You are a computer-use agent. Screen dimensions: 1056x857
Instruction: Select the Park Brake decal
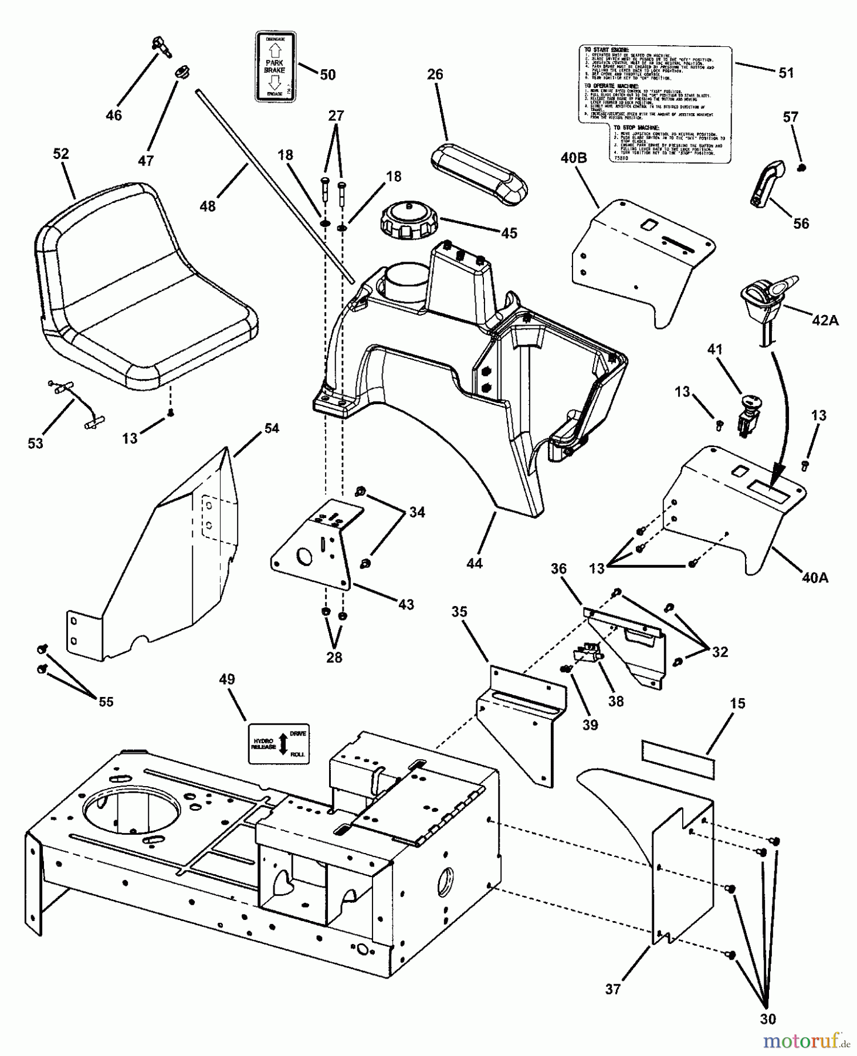click(x=275, y=66)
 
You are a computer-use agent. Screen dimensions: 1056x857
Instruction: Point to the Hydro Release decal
click(x=279, y=743)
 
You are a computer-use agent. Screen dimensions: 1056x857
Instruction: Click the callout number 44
click(x=474, y=563)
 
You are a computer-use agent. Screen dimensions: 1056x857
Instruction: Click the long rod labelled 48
click(x=276, y=185)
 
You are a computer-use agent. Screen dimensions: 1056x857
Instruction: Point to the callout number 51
click(x=785, y=73)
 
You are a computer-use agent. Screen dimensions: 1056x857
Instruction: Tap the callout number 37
click(x=613, y=990)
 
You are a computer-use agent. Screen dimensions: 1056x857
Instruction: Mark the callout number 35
click(x=459, y=612)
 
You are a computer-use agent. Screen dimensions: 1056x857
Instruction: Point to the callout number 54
click(x=271, y=429)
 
